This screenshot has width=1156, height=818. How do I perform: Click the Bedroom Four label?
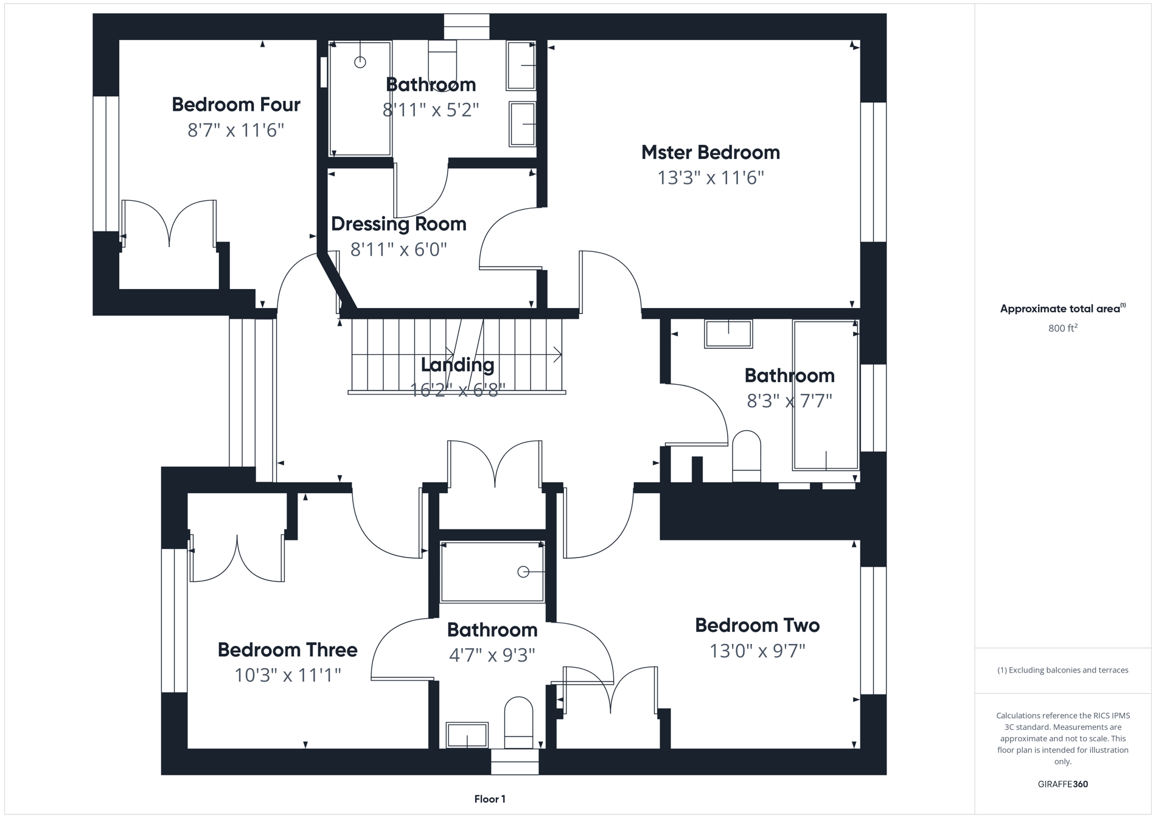pyautogui.click(x=236, y=105)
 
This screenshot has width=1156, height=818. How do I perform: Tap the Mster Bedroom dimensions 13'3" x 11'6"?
pyautogui.click(x=710, y=178)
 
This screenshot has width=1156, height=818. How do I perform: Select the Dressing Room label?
pyautogui.click(x=399, y=224)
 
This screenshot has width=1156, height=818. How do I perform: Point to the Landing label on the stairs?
pyautogui.click(x=458, y=365)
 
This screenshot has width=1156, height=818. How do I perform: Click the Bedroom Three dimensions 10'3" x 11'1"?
pyautogui.click(x=288, y=675)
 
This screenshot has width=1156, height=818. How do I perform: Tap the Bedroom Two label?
pyautogui.click(x=757, y=626)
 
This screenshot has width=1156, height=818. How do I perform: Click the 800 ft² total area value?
pyautogui.click(x=1062, y=329)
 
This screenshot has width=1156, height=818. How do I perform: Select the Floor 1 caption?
pyautogui.click(x=490, y=799)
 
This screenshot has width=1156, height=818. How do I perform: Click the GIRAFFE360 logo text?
pyautogui.click(x=1062, y=784)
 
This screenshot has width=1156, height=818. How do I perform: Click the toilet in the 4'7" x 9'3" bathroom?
pyautogui.click(x=518, y=723)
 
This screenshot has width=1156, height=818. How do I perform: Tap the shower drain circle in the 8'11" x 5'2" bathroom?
pyautogui.click(x=360, y=62)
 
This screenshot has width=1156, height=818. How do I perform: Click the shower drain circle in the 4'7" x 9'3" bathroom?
pyautogui.click(x=523, y=572)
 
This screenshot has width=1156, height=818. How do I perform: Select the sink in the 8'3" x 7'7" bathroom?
pyautogui.click(x=728, y=334)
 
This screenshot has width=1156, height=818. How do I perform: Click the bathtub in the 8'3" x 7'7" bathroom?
pyautogui.click(x=825, y=396)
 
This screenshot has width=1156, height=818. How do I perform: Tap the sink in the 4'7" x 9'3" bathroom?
pyautogui.click(x=467, y=735)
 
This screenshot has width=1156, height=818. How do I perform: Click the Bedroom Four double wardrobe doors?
pyautogui.click(x=169, y=224)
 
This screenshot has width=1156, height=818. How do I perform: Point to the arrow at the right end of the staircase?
pyautogui.click(x=557, y=354)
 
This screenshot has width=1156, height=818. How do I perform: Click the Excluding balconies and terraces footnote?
pyautogui.click(x=1062, y=670)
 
